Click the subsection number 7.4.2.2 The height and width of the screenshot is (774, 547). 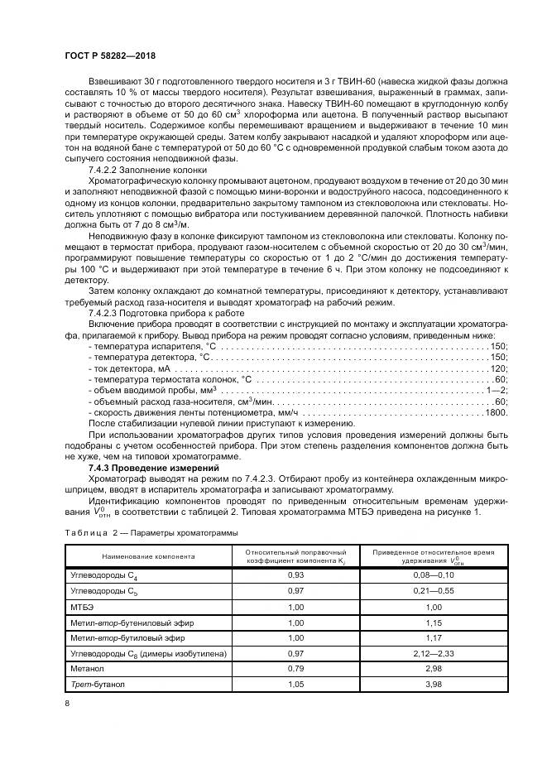106,169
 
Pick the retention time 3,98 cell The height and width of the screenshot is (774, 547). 424,685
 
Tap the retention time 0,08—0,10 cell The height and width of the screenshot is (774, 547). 424,574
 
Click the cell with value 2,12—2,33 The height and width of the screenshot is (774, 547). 424,653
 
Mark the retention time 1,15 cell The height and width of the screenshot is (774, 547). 424,622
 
